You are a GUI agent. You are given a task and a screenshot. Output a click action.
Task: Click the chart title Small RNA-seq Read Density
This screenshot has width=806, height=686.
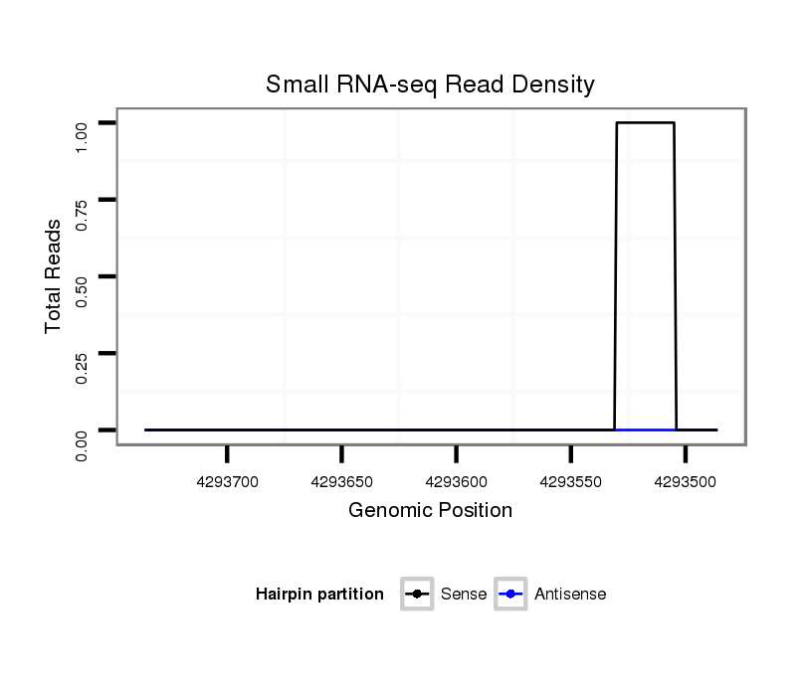[x=430, y=85]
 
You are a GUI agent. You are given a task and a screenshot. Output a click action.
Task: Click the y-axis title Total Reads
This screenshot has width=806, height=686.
[x=54, y=276]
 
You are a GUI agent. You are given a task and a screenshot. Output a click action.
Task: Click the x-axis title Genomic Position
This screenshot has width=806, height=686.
[x=430, y=511]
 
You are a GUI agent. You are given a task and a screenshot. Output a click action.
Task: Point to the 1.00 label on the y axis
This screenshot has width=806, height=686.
[x=83, y=136]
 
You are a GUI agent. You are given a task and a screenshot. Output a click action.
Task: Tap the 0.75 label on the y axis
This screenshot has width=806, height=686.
[x=83, y=214]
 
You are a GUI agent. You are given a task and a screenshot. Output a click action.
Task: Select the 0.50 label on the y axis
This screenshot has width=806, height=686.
[x=83, y=290]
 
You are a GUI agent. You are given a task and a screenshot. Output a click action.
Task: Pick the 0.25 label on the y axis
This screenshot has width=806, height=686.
[x=83, y=368]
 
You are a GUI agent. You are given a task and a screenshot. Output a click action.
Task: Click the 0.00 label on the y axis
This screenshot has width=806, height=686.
[x=83, y=444]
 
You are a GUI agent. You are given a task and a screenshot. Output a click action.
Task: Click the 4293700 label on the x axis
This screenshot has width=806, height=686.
[x=228, y=482]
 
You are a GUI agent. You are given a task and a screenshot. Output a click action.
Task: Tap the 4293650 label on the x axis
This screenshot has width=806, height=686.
[x=342, y=482]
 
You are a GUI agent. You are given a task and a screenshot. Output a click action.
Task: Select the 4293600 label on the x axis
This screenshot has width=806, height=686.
[x=457, y=482]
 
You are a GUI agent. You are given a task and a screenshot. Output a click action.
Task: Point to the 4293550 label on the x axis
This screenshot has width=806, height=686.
[x=571, y=482]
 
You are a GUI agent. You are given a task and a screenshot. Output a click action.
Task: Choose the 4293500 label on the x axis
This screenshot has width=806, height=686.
[x=686, y=482]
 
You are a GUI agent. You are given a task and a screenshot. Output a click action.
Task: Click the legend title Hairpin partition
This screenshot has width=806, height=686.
[x=319, y=595]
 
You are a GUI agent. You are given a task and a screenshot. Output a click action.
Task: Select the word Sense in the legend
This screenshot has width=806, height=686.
[x=463, y=595]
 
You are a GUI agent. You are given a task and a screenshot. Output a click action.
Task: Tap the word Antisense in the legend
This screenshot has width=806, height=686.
[x=570, y=595]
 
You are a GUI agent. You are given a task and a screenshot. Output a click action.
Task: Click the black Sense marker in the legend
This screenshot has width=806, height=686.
[x=417, y=595]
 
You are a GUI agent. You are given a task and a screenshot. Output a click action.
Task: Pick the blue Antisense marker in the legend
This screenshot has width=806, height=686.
[x=510, y=595]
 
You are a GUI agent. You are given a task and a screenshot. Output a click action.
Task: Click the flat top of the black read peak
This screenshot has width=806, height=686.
[x=645, y=122]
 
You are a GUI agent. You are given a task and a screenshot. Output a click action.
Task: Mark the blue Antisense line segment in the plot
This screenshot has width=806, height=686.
[x=645, y=429]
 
